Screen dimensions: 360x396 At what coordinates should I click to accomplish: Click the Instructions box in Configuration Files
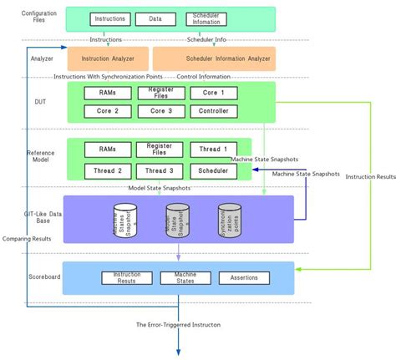point(110,18)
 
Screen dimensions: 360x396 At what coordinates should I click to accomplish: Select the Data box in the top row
point(155,18)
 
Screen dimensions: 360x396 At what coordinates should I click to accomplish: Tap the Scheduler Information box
point(206,18)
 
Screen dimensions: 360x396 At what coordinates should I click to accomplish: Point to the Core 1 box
point(220,93)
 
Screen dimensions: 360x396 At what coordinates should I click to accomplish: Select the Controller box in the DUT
point(220,111)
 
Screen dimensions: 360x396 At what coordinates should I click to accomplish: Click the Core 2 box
point(107,111)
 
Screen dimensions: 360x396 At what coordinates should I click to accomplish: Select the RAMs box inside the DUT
point(107,93)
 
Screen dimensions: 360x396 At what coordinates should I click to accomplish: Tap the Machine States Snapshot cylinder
point(124,221)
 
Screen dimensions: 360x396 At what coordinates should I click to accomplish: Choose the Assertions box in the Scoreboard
point(244,277)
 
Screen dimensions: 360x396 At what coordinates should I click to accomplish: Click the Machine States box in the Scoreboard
point(185,277)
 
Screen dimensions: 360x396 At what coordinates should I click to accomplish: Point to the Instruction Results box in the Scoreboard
point(126,277)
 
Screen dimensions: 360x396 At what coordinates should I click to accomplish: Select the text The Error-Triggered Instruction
point(179,324)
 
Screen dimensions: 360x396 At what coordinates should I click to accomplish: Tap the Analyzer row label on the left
point(42,59)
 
